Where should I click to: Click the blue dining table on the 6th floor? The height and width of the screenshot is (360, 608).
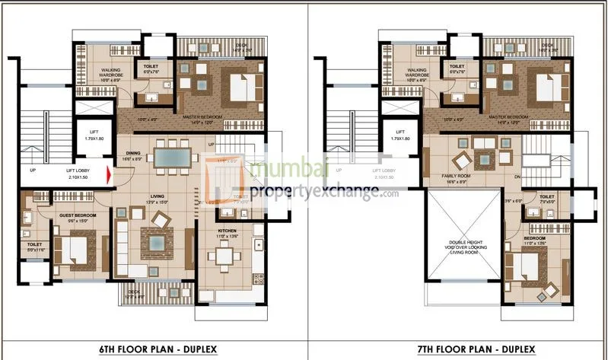pos(174,158)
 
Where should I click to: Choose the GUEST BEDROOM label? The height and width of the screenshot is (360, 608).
pos(78,216)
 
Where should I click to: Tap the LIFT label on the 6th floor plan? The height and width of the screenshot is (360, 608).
pos(94,132)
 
